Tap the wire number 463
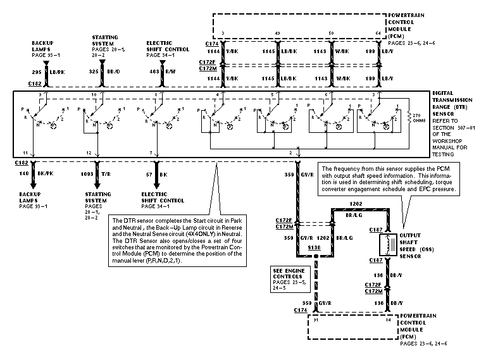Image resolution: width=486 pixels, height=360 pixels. pyautogui.click(x=153, y=73)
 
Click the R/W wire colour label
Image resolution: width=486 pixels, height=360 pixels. pyautogui.click(x=170, y=73)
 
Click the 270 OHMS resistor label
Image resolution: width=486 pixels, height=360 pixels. pyautogui.click(x=416, y=118)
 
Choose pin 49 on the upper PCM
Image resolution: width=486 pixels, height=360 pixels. pyautogui.click(x=277, y=32)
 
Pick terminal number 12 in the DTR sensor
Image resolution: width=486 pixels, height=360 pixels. pyautogui.click(x=89, y=153)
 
